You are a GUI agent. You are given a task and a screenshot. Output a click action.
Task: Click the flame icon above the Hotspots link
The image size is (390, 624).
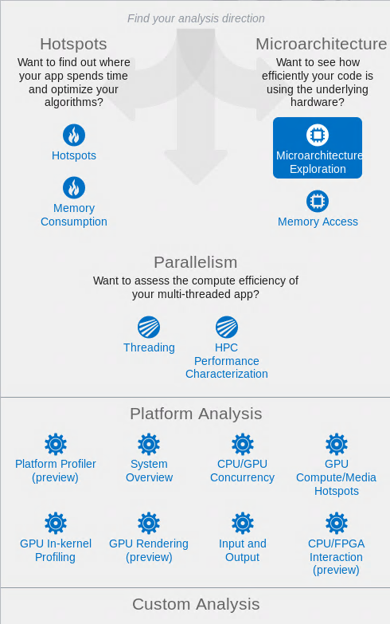tap(74, 135)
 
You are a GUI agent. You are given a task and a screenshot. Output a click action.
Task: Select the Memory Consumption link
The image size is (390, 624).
tap(74, 215)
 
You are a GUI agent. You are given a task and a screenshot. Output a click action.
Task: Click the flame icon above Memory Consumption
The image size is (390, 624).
tap(74, 188)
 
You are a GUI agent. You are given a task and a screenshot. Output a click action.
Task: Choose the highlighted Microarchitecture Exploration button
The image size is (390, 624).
tap(318, 147)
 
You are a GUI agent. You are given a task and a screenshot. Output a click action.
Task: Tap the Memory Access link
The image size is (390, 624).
tap(318, 222)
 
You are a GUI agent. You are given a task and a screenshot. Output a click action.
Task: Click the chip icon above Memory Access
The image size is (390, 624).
tap(318, 201)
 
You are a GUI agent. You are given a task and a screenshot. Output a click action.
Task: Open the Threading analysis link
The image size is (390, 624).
tap(149, 347)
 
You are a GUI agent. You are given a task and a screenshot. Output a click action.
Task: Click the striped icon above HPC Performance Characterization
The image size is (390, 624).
tap(227, 327)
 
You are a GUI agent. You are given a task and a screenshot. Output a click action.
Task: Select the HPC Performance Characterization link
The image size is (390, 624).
tap(227, 360)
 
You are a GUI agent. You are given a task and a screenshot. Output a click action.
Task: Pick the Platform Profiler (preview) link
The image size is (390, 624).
tap(55, 470)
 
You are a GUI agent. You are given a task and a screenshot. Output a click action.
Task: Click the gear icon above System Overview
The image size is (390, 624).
tap(149, 444)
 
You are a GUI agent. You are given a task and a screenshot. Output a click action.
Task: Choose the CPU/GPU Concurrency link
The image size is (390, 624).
tap(243, 470)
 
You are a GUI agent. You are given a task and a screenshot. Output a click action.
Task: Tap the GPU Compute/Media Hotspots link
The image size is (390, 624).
tap(337, 477)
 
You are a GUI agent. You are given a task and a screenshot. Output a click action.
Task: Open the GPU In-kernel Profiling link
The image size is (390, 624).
tap(56, 551)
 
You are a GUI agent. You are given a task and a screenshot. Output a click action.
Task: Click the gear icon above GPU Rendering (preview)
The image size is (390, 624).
tap(149, 523)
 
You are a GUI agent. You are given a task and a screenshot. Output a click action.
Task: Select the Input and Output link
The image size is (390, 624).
tap(243, 551)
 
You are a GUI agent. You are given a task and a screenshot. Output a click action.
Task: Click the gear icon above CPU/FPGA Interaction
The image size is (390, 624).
tap(337, 523)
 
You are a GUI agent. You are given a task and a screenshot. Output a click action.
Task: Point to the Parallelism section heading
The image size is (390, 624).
tap(196, 262)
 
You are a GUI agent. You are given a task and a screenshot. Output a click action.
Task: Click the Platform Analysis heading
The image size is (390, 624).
tap(196, 414)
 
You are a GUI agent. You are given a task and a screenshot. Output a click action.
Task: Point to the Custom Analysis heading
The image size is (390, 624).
tap(196, 604)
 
